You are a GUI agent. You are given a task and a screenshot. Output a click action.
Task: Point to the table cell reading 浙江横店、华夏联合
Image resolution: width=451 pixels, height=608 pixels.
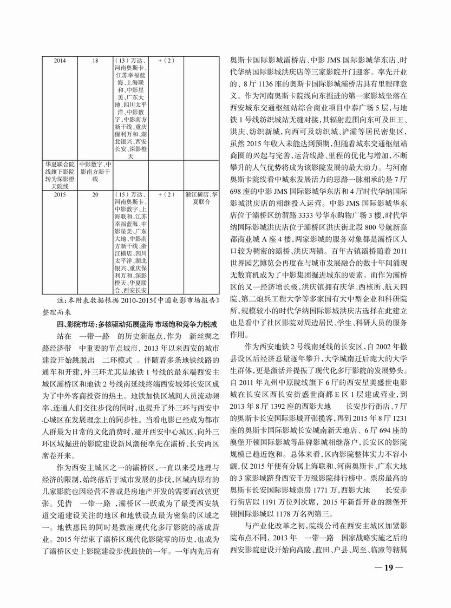[201, 197]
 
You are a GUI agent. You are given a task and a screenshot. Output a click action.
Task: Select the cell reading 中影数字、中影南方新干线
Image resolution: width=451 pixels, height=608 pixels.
[95, 171]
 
